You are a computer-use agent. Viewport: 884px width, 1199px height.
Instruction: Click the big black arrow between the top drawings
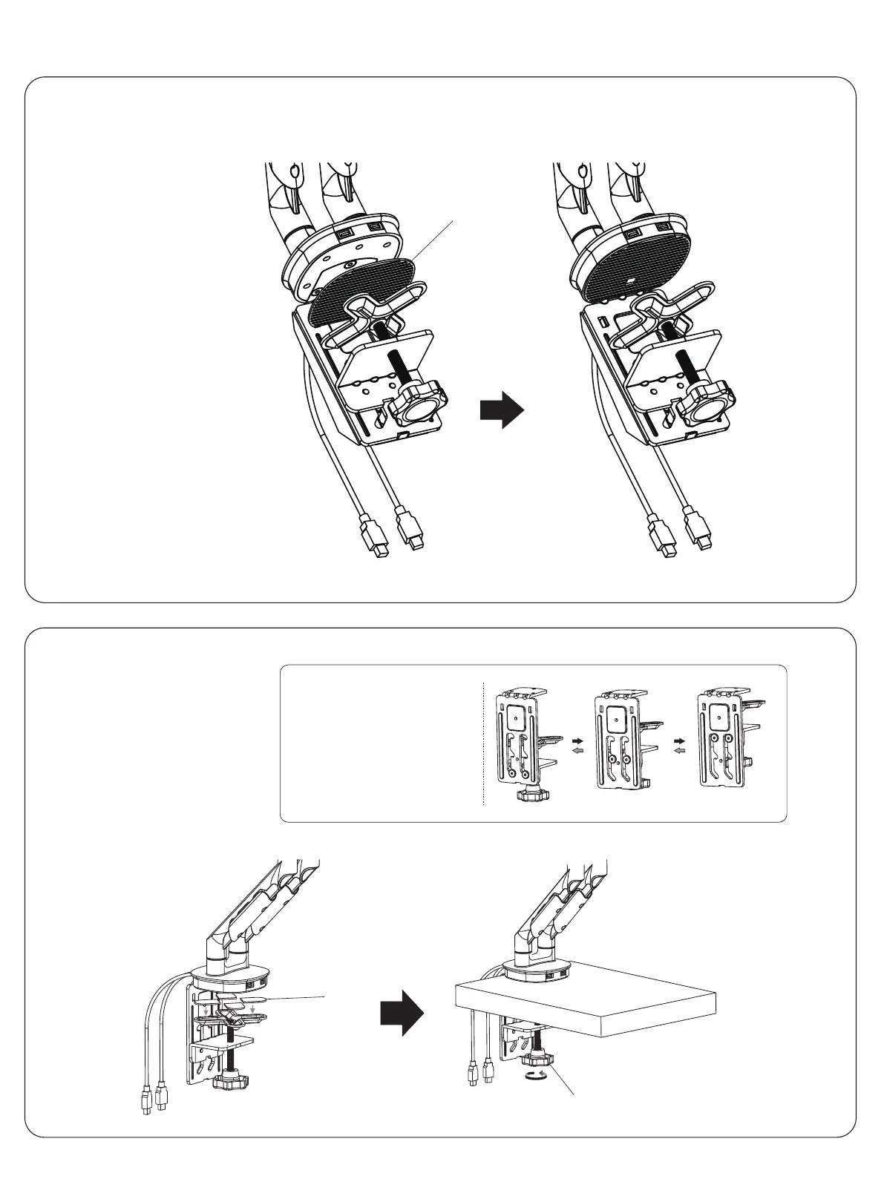point(502,410)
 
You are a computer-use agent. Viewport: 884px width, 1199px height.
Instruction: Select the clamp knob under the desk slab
point(536,1060)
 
